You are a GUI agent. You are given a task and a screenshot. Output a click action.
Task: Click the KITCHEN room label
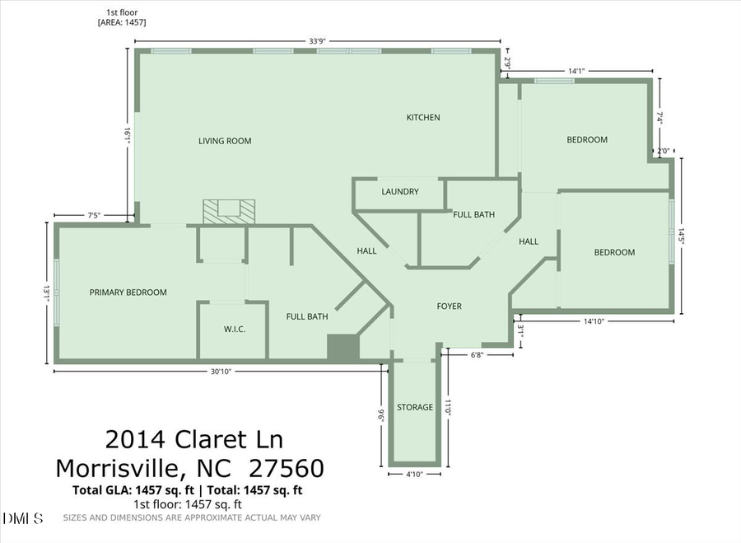pos(423,118)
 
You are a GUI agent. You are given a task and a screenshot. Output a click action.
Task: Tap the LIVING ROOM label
pos(225,141)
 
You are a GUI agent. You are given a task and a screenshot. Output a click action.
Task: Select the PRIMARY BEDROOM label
pos(128,293)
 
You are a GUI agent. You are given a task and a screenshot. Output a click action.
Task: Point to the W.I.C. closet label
pos(235,330)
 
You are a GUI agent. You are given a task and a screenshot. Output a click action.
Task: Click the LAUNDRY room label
pos(400,192)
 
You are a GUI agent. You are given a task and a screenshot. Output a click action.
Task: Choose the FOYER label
pos(449,307)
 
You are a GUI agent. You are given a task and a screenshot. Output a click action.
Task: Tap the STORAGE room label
pos(415,408)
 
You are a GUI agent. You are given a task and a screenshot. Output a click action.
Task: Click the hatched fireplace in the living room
pos(227,212)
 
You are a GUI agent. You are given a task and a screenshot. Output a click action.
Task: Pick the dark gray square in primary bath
pos(343,347)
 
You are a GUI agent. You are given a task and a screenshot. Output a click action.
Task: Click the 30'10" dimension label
pos(220,372)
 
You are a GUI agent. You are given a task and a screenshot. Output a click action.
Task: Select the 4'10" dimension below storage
pos(416,475)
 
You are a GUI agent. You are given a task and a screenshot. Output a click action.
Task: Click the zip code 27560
pos(278,469)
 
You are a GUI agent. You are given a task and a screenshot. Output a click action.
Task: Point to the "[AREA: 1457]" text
pos(122,22)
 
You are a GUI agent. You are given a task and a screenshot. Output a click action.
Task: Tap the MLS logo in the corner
pos(25,518)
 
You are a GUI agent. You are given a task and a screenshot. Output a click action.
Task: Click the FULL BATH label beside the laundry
pos(474,215)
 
